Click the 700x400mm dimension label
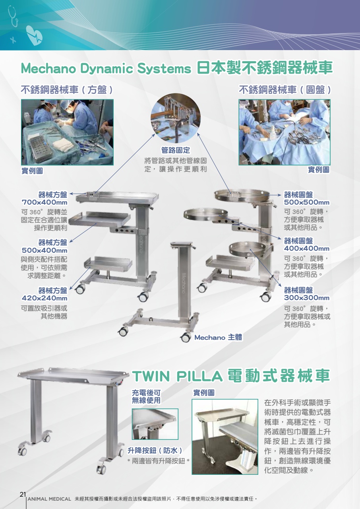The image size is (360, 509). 45,202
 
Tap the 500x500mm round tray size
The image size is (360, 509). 307,202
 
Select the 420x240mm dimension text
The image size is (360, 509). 45,298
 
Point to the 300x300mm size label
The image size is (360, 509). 307,298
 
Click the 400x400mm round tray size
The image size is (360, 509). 307,249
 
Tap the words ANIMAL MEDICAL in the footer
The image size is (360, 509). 49,499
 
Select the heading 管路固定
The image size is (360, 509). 176,150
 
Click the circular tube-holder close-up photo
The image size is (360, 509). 176,118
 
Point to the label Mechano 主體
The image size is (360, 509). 218,338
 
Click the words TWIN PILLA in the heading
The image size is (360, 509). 177,376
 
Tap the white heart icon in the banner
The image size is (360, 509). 34,35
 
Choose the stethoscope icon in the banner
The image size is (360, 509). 14,16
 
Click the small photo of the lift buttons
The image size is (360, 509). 155,424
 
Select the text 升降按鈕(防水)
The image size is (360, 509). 155,451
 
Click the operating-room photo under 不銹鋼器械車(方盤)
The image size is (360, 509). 67,132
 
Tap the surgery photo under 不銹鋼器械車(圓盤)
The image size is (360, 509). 285,132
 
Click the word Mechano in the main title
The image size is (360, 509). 48,68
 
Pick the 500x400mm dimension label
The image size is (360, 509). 45,251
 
